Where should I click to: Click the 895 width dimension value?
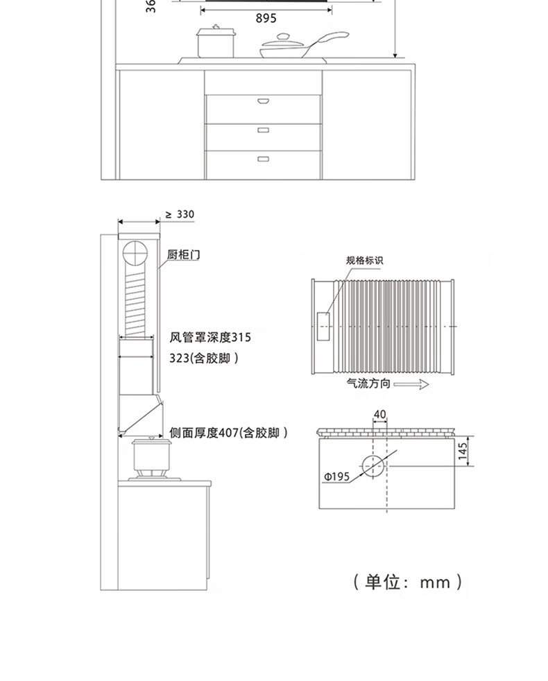[x=266, y=19]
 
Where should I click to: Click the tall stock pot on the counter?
[x=215, y=43]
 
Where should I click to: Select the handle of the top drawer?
[x=264, y=101]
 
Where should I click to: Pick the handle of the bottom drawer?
[x=264, y=159]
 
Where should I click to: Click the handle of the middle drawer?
[x=264, y=130]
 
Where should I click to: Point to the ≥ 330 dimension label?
[x=180, y=214]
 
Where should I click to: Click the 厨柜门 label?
[x=183, y=255]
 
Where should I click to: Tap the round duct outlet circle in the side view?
[x=135, y=255]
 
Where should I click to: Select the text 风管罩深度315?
[x=211, y=338]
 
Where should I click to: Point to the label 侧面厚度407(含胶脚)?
[x=228, y=433]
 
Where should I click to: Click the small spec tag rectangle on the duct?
[x=325, y=327]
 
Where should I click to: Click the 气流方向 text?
[x=368, y=383]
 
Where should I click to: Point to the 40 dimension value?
[x=379, y=414]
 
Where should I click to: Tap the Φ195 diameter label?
[x=336, y=476]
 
